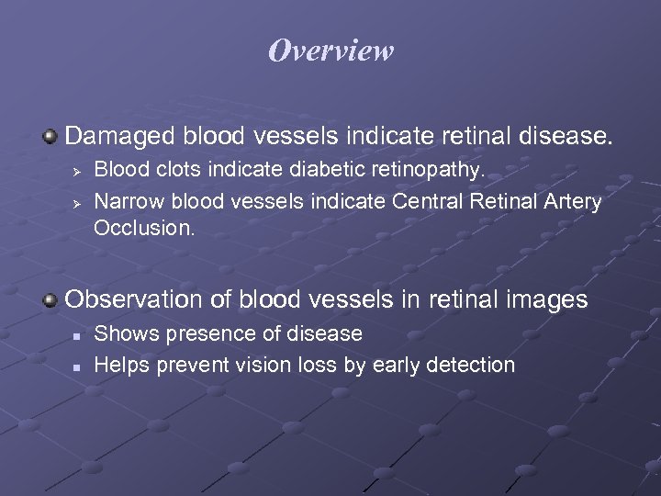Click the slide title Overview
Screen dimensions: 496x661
330,51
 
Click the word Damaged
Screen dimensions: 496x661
120,137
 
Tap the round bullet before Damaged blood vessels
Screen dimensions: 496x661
50,138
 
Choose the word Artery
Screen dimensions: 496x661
574,201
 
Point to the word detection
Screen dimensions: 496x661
469,365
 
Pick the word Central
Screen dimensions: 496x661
423,201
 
